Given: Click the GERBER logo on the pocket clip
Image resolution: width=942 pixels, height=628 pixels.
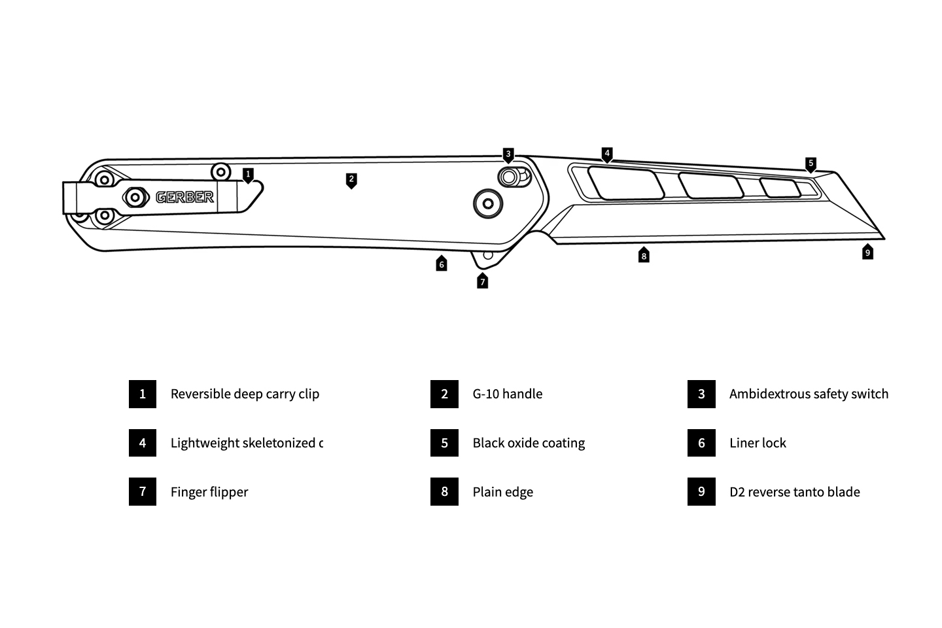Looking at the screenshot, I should pos(185,197).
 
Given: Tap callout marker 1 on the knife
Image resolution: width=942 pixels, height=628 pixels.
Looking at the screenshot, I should pos(248,175).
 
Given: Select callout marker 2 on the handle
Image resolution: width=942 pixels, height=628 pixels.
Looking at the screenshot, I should pos(351,179).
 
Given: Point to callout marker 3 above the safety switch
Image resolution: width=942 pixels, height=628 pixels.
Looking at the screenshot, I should pos(508,154).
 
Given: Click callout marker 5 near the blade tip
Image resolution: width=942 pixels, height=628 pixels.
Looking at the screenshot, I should pos(811,164).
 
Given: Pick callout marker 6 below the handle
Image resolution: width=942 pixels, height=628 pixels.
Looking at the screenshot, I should pos(442,264).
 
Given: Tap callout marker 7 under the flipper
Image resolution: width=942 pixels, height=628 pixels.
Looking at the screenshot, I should pos(483,281).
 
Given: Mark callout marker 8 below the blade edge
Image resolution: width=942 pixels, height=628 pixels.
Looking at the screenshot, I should pos(644,256).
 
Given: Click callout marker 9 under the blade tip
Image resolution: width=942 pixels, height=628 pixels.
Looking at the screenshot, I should pos(867,252).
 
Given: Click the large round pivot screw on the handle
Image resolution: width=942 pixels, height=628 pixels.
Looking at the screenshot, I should pos(488,203).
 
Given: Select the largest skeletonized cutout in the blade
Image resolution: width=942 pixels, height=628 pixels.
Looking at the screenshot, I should pos(625,183).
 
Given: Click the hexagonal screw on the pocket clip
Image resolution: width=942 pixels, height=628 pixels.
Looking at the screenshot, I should pos(135,196).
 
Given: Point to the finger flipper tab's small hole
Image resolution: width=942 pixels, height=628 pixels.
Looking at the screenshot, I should pos(487,256).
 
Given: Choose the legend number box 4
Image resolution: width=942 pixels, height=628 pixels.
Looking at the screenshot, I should pos(143,443).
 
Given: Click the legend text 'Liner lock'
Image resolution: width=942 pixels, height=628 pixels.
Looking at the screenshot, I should pos(758,443).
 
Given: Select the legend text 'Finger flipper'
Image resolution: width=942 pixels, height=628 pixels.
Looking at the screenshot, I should pos(209,492).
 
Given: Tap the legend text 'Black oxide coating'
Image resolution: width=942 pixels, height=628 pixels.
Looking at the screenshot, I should pos(529,443).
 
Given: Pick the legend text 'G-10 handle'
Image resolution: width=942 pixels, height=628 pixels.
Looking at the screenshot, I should pos(508,394).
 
